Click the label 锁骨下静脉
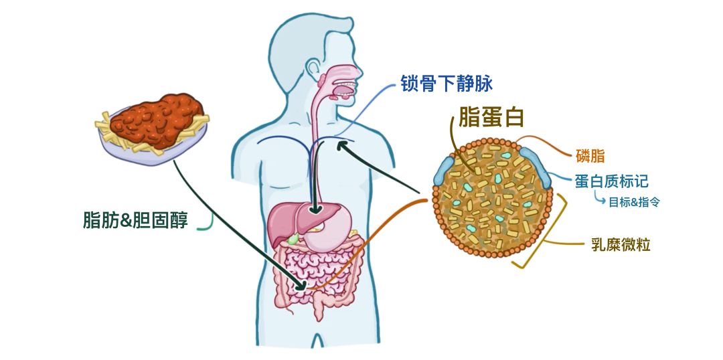(x=447, y=84)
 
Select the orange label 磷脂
(x=590, y=157)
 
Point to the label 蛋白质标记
(x=611, y=181)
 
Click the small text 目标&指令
(x=633, y=201)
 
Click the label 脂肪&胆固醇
(x=135, y=219)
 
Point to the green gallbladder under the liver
(x=293, y=237)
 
